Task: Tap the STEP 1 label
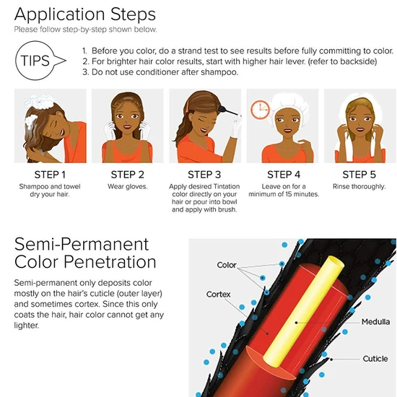point(50,174)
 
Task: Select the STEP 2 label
point(127,174)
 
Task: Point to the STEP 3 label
point(204,174)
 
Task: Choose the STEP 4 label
point(282,174)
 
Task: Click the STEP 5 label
point(359,174)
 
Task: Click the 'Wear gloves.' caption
point(127,187)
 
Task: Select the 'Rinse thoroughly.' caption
point(359,187)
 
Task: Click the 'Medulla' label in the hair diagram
point(375,322)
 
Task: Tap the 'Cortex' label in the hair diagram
point(218,295)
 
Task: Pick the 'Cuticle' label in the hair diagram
point(375,358)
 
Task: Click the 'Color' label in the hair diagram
point(227,265)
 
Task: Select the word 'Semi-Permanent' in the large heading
point(82,243)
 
